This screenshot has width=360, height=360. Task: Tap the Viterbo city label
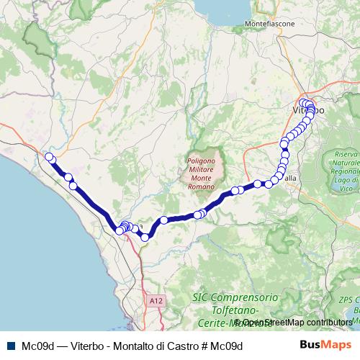tap(308, 111)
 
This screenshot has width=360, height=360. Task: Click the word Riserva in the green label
tap(346, 155)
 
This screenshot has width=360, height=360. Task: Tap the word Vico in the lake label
tap(346, 188)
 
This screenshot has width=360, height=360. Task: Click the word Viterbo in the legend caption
tap(88, 346)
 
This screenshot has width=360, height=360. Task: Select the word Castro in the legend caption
tap(184, 346)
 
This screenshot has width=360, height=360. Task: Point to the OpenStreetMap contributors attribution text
tap(296, 322)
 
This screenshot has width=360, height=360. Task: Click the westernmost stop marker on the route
tap(49, 157)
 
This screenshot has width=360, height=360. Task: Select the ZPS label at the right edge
tap(349, 297)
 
